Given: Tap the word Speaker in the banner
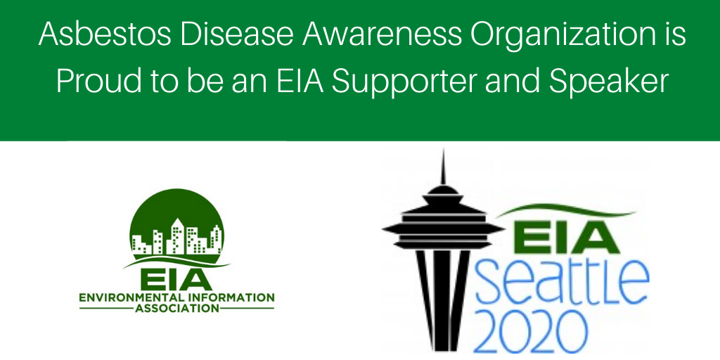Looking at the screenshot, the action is tap(611, 84).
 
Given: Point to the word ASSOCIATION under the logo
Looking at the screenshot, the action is tap(176, 308).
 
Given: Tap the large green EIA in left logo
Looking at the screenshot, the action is tap(176, 279).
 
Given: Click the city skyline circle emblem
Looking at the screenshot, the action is tap(176, 226).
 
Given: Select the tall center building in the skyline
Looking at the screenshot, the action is tap(177, 236).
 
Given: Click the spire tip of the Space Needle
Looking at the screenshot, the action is tap(443, 150).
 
